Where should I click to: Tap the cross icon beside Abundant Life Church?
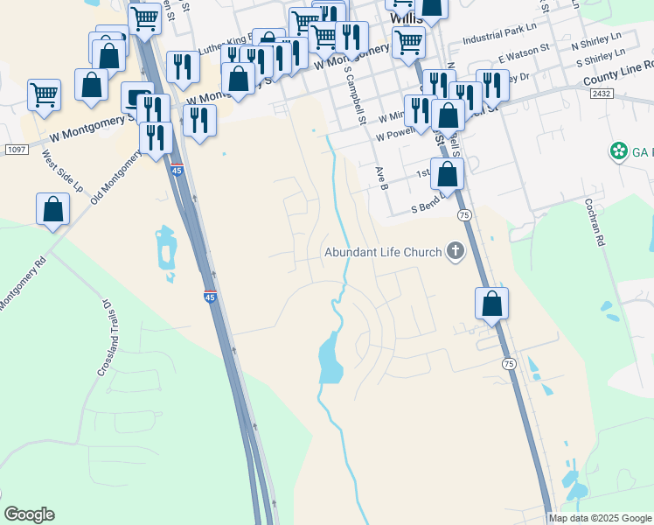tap(455, 253)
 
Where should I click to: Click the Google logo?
tap(30, 514)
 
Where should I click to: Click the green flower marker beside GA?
tap(620, 151)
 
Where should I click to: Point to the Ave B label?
tap(380, 178)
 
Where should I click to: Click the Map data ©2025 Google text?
tap(601, 518)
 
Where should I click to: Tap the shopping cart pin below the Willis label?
tap(408, 41)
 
